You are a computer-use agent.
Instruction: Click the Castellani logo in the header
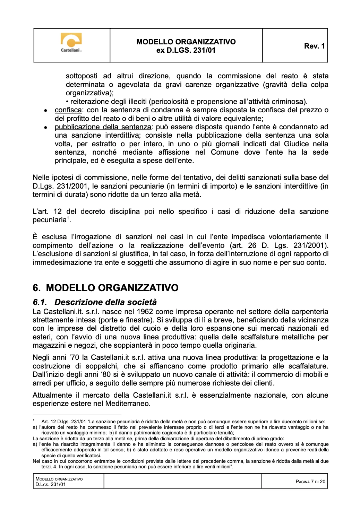(71, 43)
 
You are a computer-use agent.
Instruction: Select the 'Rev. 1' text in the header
(314, 46)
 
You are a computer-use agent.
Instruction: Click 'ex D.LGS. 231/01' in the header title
(186, 50)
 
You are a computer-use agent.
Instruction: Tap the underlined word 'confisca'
(68, 110)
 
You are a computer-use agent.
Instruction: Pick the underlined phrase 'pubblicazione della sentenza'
(103, 127)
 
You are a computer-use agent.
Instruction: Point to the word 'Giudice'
(296, 144)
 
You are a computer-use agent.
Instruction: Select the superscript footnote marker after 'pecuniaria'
(68, 218)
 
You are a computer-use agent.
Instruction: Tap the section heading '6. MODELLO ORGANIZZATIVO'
(105, 288)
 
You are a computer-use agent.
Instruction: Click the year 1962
(145, 312)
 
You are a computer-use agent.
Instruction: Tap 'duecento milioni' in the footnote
(299, 422)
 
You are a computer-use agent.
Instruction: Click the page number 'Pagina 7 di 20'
(310, 482)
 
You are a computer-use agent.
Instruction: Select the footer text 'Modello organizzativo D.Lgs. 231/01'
(59, 482)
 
